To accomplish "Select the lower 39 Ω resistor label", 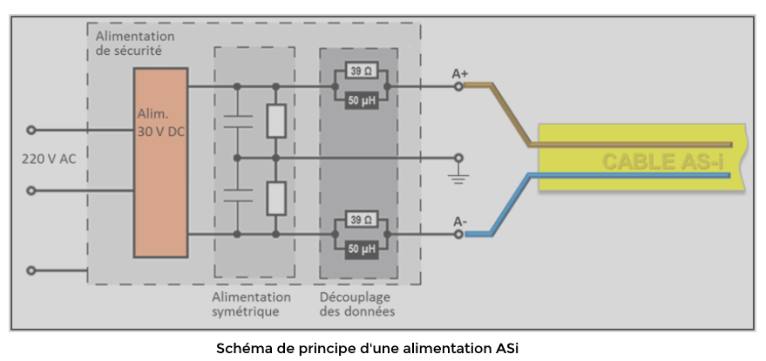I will (358, 219).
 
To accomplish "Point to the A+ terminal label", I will (459, 74).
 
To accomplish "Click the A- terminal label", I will (459, 222).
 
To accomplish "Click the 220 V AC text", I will (50, 160).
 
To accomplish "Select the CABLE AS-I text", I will (661, 162).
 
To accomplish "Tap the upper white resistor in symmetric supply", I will (275, 122).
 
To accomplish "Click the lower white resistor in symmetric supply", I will (275, 198).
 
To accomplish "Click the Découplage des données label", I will (357, 304).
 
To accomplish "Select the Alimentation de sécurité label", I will (135, 44).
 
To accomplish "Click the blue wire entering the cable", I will (610, 175).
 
